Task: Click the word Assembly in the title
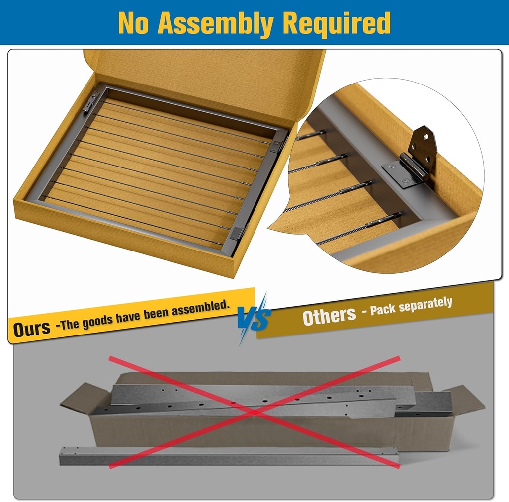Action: tap(216, 23)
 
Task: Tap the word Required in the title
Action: tap(337, 23)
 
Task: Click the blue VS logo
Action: tap(254, 318)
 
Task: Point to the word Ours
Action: tap(32, 329)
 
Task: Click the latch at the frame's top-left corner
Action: tap(91, 101)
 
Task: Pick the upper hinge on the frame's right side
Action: tap(277, 145)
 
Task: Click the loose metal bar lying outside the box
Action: tap(229, 456)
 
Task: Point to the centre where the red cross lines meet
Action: tap(254, 412)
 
